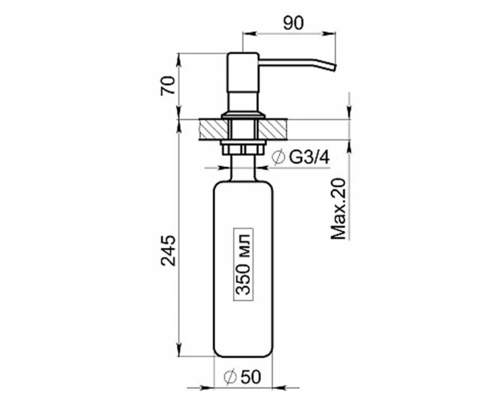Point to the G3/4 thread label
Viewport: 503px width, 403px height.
(x=309, y=158)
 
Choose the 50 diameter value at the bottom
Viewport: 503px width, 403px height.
(x=250, y=376)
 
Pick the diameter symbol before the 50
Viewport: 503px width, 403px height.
(x=230, y=376)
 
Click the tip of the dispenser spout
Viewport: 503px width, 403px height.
(x=332, y=68)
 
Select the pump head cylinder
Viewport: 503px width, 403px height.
(x=244, y=81)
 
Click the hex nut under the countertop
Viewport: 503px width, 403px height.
(x=244, y=149)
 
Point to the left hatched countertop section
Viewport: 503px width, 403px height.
(x=211, y=129)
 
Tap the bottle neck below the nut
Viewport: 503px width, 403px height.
(x=244, y=169)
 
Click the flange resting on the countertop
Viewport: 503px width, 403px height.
(x=244, y=116)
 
